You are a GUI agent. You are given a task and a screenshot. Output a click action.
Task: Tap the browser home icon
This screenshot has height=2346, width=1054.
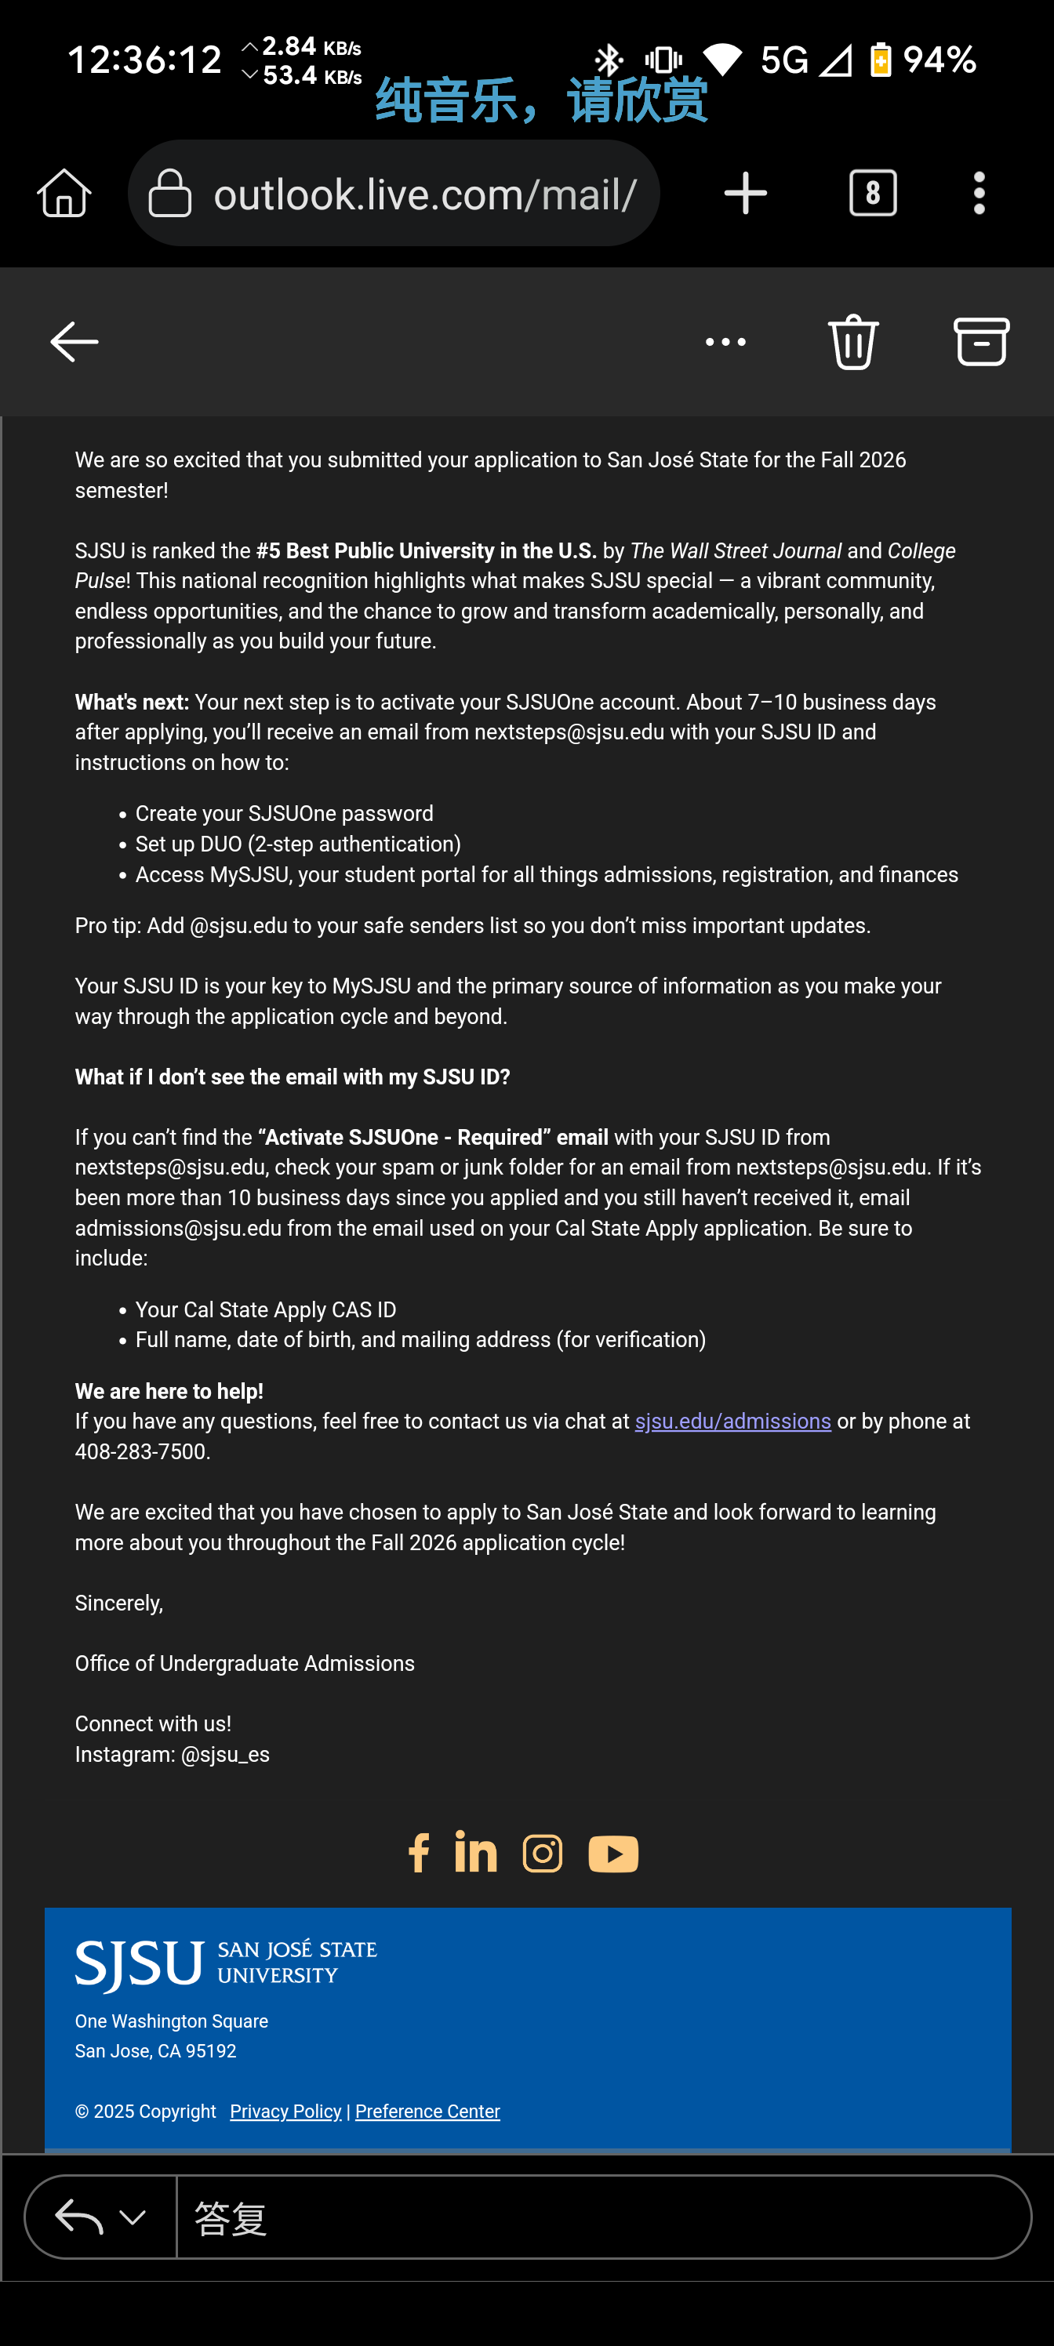tap(64, 194)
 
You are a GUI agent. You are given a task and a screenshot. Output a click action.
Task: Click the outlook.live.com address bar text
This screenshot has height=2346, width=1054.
tap(423, 194)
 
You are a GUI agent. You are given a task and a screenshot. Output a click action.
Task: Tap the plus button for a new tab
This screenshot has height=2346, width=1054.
tap(745, 194)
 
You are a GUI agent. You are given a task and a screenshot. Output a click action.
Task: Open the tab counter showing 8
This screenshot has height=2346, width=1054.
tap(873, 194)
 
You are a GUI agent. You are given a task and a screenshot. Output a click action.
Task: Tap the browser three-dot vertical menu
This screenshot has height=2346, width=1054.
tap(979, 194)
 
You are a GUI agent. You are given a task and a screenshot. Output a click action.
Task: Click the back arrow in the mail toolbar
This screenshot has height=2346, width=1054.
tap(74, 343)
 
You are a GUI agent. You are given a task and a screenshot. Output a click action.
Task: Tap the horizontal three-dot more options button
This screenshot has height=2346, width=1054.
tap(725, 343)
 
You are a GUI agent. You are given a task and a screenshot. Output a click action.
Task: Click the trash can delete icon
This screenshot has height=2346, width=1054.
tap(853, 343)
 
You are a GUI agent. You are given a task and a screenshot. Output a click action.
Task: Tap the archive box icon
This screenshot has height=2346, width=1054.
tap(981, 343)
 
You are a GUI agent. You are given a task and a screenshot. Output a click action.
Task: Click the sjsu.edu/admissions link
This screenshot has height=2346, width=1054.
tap(732, 1422)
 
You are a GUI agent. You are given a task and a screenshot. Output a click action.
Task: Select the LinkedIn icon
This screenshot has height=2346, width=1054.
tap(475, 1852)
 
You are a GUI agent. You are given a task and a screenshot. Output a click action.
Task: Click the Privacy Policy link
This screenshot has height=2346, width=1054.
tap(285, 2111)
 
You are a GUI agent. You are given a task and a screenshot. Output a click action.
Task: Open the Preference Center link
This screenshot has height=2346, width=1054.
tap(427, 2111)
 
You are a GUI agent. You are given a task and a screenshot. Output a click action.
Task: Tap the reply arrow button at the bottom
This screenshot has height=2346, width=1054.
tap(79, 2217)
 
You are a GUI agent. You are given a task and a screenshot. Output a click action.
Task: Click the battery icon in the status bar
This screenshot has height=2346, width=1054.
tap(880, 60)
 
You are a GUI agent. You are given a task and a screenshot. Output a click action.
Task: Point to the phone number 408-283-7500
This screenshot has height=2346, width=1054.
tap(141, 1451)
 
